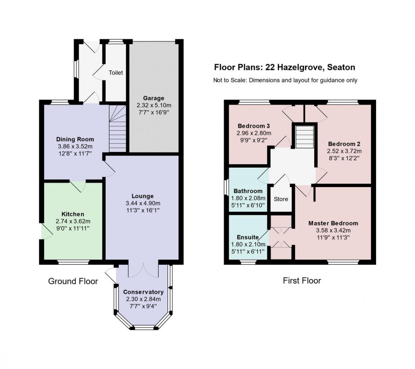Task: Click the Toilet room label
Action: tap(116, 73)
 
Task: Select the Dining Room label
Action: tap(75, 139)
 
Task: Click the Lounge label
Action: tap(142, 196)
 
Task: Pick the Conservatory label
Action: tap(143, 292)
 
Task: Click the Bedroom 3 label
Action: tap(254, 126)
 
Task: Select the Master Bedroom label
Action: tap(333, 223)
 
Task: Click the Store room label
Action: tap(281, 199)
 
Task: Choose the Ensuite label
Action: tap(248, 237)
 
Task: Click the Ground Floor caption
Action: tap(73, 281)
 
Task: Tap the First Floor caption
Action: tap(302, 280)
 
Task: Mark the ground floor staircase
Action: tap(118, 129)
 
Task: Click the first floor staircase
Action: tap(304, 137)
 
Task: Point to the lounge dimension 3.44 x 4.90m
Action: tap(142, 203)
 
